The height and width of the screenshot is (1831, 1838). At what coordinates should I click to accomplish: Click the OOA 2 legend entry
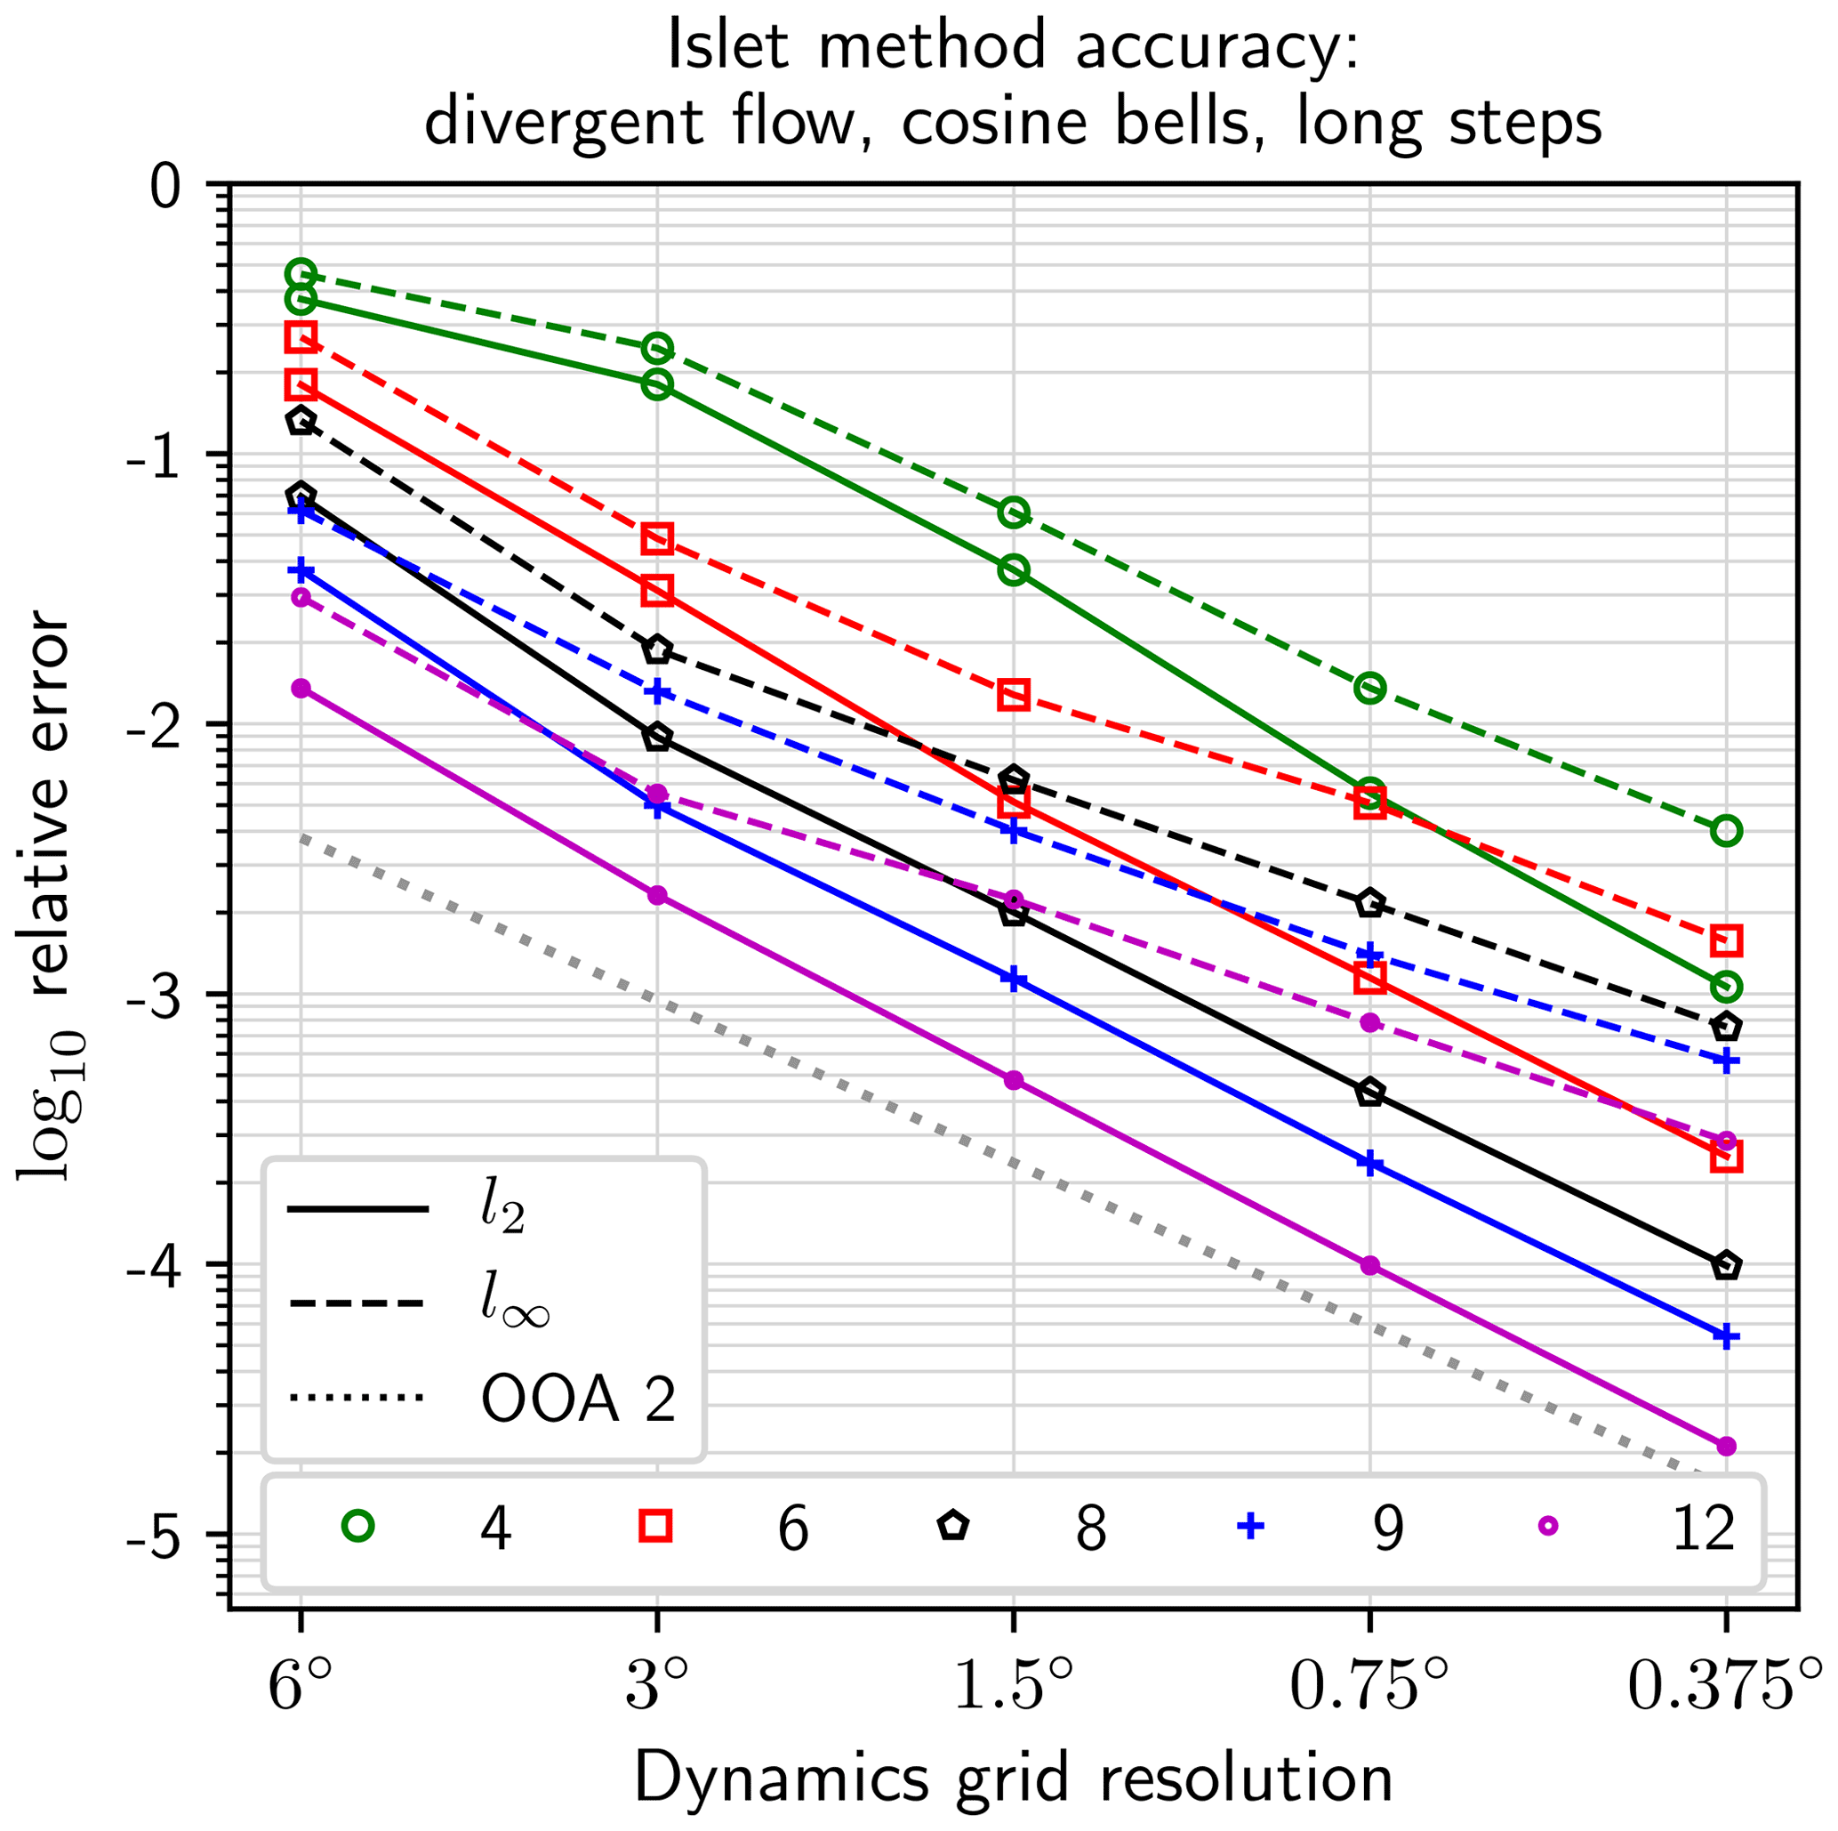[x=578, y=1399]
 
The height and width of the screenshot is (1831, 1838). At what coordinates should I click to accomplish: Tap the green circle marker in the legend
[x=357, y=1527]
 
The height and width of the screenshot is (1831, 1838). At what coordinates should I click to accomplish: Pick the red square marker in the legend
[x=655, y=1527]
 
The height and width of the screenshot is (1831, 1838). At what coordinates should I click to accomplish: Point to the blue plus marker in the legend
[x=1250, y=1527]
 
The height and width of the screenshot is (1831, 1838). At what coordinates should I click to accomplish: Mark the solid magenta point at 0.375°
[x=1726, y=1447]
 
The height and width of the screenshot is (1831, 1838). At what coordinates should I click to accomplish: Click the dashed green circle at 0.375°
[x=1726, y=831]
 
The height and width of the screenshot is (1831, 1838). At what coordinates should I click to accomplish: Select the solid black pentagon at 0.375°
[x=1726, y=1266]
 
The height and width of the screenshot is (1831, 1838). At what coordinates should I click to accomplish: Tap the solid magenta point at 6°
[x=301, y=688]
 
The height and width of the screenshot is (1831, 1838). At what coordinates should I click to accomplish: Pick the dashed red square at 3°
[x=656, y=539]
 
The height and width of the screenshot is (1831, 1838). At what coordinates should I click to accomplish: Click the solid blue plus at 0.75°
[x=1369, y=1163]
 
